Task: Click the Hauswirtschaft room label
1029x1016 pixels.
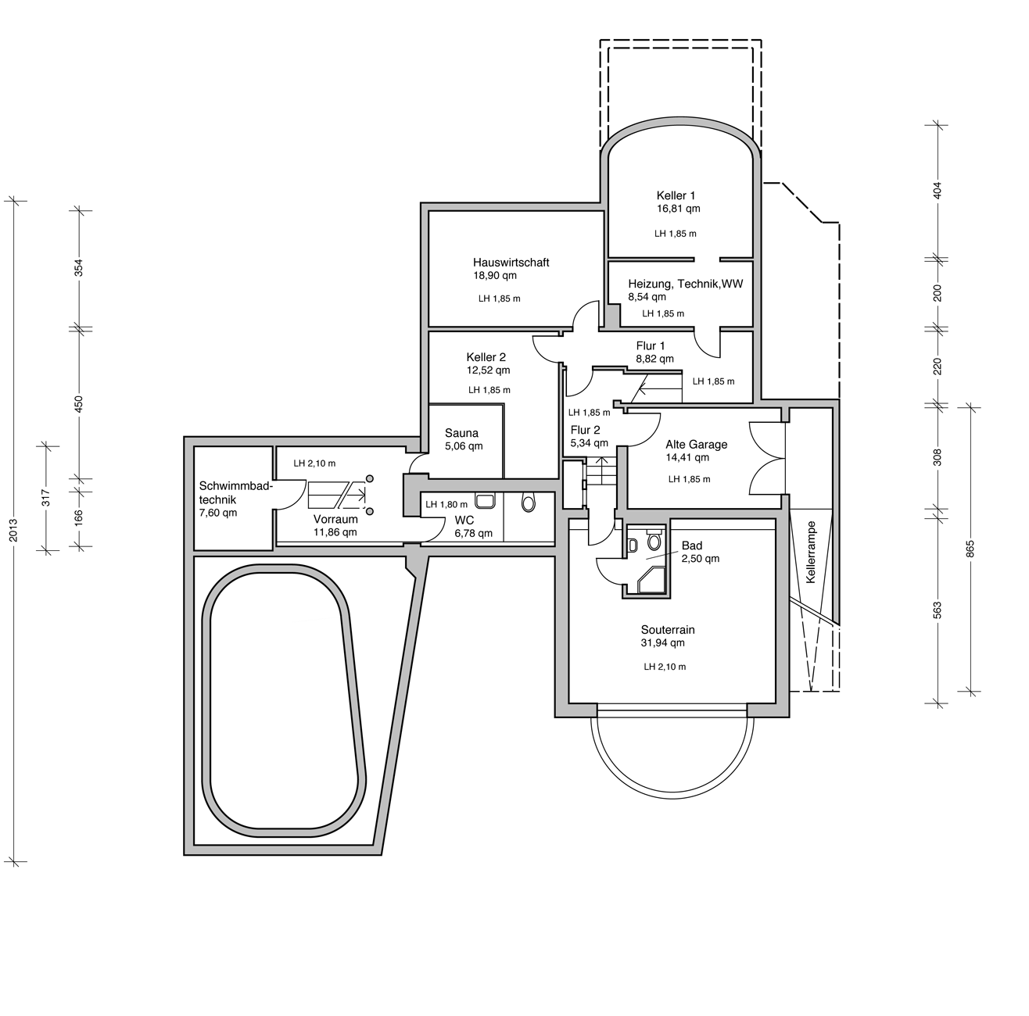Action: coord(511,263)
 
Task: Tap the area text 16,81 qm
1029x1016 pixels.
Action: coord(678,209)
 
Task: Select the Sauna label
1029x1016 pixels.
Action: coord(461,433)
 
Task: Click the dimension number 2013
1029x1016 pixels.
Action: coord(14,530)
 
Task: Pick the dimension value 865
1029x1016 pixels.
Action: coord(970,549)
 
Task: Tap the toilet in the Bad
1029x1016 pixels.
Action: coord(654,540)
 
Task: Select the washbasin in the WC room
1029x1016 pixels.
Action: coord(485,501)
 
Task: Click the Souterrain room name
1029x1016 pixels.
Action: coord(668,630)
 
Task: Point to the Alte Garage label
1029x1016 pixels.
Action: coord(697,444)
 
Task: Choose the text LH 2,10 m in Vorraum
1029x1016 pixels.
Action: coord(314,463)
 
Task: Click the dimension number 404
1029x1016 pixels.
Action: coord(938,191)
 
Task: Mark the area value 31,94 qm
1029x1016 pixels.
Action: coord(663,642)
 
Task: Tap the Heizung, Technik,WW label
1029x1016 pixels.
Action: coord(686,284)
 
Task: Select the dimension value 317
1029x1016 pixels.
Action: coord(46,498)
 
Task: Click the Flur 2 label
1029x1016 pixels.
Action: coord(585,430)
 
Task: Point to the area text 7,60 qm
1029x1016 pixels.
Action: coord(218,513)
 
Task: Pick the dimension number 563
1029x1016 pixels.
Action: coord(938,610)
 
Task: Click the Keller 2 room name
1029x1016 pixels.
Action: coord(486,357)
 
